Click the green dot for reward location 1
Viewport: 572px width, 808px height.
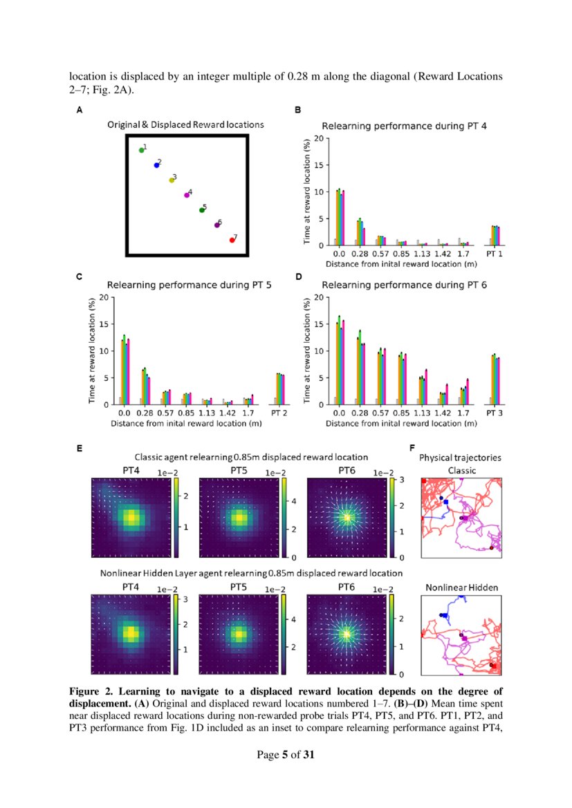[x=141, y=150]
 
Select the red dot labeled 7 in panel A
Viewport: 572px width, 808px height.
[x=232, y=240]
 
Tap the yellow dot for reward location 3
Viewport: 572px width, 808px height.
[x=172, y=180]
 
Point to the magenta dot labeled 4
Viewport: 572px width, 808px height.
[x=187, y=195]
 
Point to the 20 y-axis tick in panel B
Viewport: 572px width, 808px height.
[x=317, y=138]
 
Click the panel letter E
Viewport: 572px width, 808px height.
[x=80, y=449]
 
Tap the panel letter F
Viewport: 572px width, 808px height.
[x=413, y=449]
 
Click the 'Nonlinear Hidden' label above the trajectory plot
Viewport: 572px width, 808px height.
[x=461, y=588]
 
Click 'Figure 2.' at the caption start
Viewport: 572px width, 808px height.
[x=93, y=691]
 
